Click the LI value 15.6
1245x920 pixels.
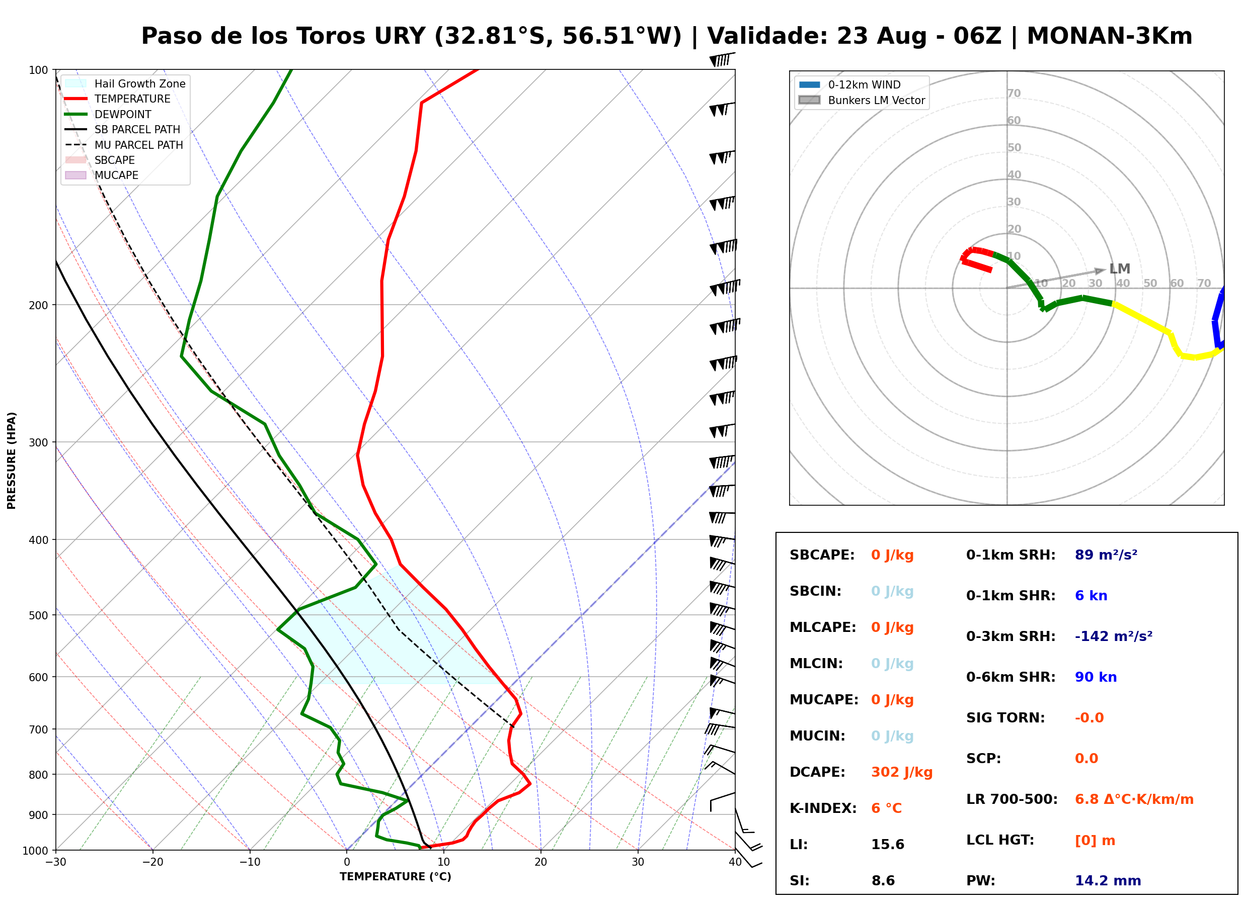[x=887, y=844]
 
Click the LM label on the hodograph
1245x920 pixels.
[x=1119, y=269]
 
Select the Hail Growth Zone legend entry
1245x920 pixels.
[x=125, y=83]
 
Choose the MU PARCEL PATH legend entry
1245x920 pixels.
[x=124, y=145]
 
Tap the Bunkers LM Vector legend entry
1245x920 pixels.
[x=862, y=100]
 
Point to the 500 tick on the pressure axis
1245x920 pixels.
[x=39, y=615]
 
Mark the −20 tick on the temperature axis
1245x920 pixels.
[x=152, y=862]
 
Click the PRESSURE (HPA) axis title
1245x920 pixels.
[x=12, y=461]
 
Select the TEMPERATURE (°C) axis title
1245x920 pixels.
[x=396, y=877]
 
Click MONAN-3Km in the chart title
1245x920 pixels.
[x=1109, y=36]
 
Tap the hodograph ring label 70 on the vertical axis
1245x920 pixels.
[x=1014, y=93]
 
